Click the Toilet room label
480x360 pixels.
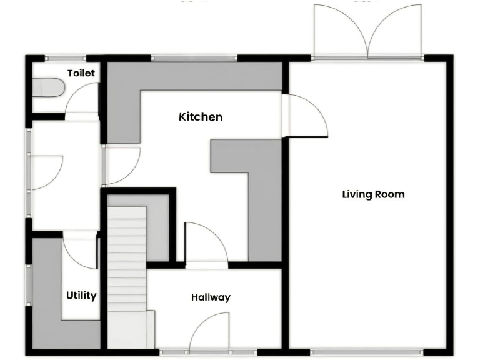(x=81, y=73)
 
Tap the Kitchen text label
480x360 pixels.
(x=201, y=117)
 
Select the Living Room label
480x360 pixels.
(x=373, y=194)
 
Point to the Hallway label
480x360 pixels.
(x=211, y=297)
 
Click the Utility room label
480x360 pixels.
(x=81, y=295)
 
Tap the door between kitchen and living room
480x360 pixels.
(x=305, y=116)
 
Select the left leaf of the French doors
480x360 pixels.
(x=341, y=31)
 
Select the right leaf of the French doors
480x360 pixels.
(x=395, y=31)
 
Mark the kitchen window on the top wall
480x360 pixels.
(x=194, y=58)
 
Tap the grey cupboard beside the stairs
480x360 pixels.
(x=157, y=228)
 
